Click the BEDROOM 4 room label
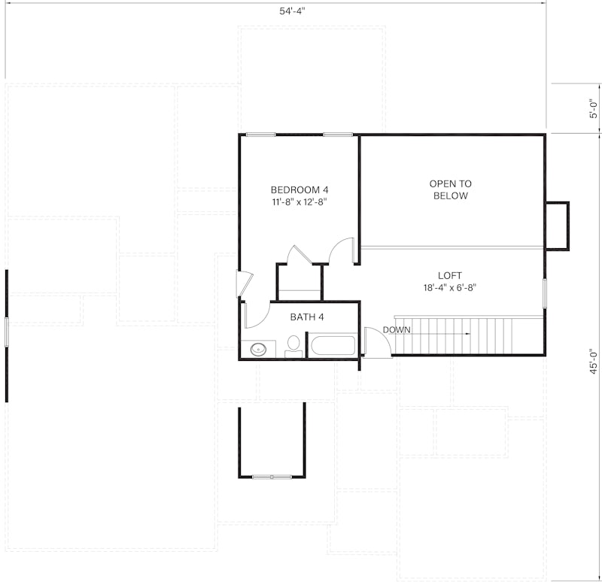(x=299, y=189)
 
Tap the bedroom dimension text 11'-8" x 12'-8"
(x=299, y=202)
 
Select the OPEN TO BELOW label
(x=450, y=189)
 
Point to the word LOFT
(x=450, y=275)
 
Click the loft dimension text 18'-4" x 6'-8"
(x=450, y=287)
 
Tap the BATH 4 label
(x=307, y=317)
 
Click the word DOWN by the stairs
(x=396, y=330)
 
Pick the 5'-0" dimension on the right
(x=594, y=110)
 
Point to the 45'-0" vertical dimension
(x=594, y=361)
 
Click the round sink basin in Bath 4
(x=258, y=349)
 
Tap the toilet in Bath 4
(x=293, y=347)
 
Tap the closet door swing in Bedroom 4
(x=299, y=253)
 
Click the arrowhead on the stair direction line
(x=469, y=332)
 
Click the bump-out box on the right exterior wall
(x=557, y=226)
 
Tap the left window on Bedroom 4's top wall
(x=260, y=135)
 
